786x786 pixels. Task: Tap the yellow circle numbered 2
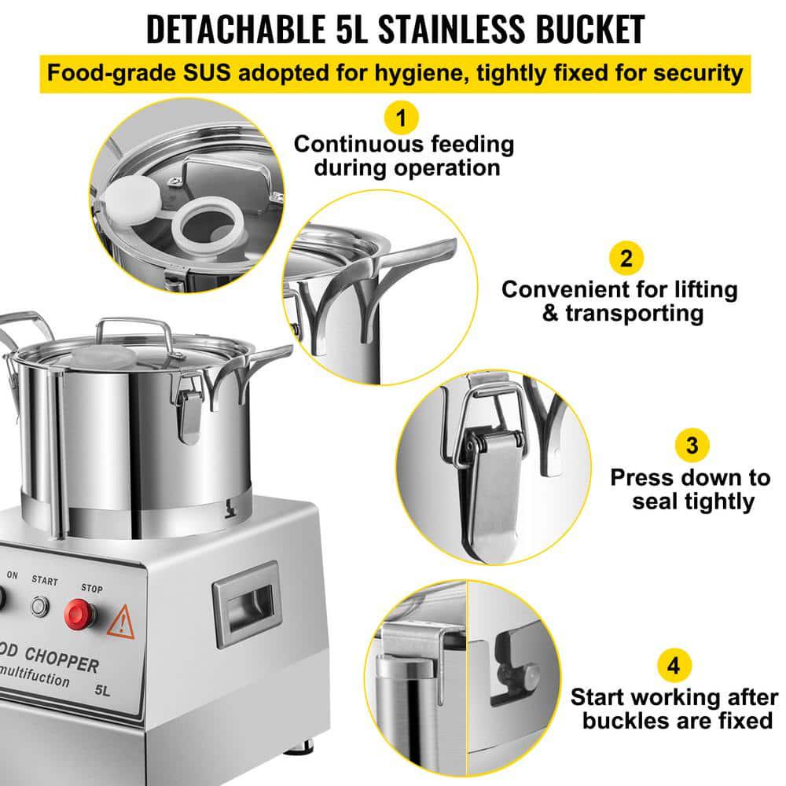[626, 258]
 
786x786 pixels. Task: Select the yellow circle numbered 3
[691, 446]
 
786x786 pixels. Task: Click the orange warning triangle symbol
[121, 622]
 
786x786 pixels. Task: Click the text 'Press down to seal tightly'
[690, 489]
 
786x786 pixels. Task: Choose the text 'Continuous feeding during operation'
[403, 156]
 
